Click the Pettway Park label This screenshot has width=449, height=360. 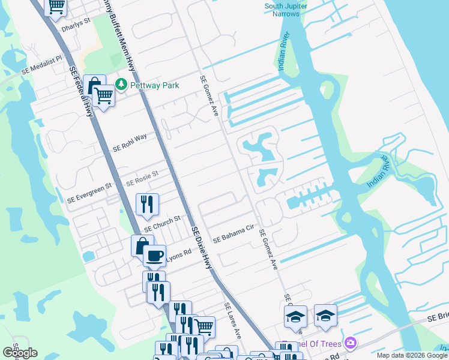click(155, 85)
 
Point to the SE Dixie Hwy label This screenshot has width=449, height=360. click(203, 246)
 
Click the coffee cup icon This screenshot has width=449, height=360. click(154, 256)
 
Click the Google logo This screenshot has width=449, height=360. click(20, 353)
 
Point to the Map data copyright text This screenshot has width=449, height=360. click(412, 355)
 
